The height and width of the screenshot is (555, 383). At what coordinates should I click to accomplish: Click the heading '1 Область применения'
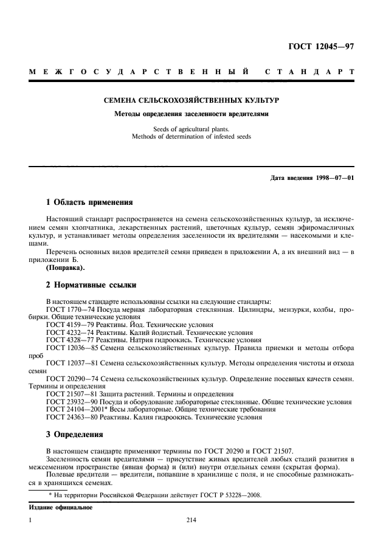[x=90, y=201]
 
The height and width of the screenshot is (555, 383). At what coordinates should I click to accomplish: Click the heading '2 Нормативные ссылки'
[x=92, y=284]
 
